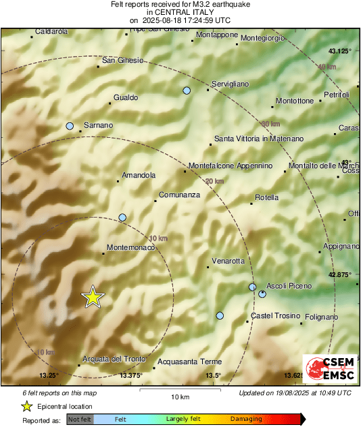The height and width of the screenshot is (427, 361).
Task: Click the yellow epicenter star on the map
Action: click(93, 297)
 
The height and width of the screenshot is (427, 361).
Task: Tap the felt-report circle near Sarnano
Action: click(70, 126)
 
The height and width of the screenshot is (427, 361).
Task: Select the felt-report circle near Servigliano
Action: click(187, 91)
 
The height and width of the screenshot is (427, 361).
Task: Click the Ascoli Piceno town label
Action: click(289, 286)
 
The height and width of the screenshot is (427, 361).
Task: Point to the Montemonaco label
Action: click(131, 247)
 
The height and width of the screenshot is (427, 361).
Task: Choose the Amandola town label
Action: click(138, 176)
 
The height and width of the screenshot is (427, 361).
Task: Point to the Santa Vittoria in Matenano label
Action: click(259, 139)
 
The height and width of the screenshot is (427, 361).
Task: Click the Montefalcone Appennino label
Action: click(230, 166)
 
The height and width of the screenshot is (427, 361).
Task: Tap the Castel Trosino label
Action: click(274, 316)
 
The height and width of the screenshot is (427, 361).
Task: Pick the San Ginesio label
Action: click(122, 60)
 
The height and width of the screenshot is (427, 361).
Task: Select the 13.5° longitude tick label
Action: click(213, 376)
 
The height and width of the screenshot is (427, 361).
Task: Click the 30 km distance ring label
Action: click(270, 124)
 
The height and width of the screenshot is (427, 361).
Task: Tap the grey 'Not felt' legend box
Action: click(80, 420)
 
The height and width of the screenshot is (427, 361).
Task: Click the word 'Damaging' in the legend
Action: click(246, 420)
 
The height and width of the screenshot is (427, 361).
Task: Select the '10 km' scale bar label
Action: click(178, 396)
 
